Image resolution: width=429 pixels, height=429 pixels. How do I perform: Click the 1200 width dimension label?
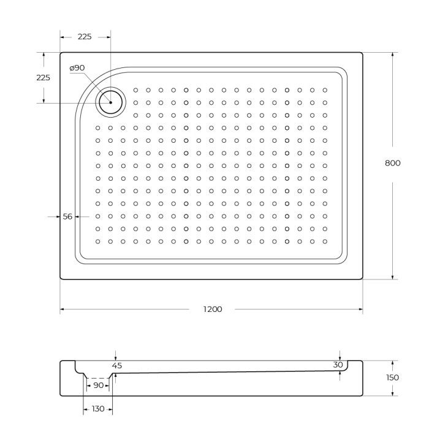point(212,309)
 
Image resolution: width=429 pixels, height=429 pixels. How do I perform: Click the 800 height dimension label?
point(393,163)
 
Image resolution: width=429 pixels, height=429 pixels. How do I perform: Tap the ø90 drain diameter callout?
point(77,67)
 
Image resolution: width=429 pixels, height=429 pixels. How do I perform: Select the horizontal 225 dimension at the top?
point(85,37)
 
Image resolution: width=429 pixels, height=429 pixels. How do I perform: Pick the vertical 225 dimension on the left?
point(44,78)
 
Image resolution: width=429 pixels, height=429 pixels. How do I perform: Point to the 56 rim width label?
point(67,216)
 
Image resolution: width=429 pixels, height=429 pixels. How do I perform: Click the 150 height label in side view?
point(393,378)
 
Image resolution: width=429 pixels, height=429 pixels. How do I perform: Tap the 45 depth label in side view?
point(117,365)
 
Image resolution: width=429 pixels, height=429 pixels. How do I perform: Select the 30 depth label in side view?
point(338,365)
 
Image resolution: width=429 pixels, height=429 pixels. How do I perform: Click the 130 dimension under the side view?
point(98,409)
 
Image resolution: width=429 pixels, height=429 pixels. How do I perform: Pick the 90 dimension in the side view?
point(98,385)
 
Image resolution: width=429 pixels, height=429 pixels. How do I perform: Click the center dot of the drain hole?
point(111,102)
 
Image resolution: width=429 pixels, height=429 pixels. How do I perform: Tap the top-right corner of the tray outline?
point(362,53)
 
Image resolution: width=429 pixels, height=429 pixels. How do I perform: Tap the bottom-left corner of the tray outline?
point(61,279)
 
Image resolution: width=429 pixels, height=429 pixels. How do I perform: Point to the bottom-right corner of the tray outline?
point(362,279)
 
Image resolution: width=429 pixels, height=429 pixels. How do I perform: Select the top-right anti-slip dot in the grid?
point(325,90)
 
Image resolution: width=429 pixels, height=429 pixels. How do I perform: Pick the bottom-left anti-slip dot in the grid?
point(98,241)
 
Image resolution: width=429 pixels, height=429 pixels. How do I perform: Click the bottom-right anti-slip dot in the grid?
point(325,241)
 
